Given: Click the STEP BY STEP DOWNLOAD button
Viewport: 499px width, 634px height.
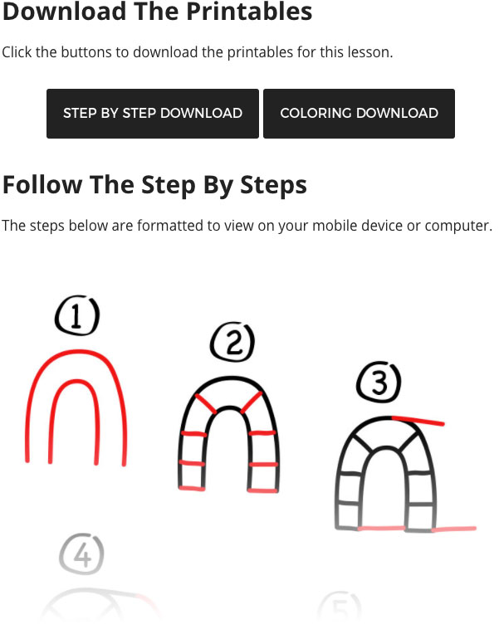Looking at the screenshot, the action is (x=153, y=114).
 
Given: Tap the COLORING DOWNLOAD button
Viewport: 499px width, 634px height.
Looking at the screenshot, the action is (x=359, y=114).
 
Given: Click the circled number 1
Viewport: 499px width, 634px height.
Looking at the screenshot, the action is (x=77, y=315).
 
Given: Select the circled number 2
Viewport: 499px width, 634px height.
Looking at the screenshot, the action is (x=232, y=342).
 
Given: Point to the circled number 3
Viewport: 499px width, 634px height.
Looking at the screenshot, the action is (x=379, y=382).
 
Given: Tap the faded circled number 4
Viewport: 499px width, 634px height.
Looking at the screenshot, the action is (x=81, y=554).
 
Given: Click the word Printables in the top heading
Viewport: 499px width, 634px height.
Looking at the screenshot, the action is (x=249, y=11).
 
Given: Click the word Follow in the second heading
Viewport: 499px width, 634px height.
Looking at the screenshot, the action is (x=42, y=185).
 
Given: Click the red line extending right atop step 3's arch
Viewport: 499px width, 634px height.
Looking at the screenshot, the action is (x=418, y=421).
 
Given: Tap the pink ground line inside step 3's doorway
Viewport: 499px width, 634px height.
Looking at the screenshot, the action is (x=382, y=528).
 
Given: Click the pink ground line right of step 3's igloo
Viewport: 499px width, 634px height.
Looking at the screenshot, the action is (x=454, y=529).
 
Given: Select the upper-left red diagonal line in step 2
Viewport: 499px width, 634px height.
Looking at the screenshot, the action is (x=206, y=403).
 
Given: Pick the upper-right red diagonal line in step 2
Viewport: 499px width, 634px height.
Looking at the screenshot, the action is (x=252, y=402).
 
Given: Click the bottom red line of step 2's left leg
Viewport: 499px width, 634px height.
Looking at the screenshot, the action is (x=192, y=489).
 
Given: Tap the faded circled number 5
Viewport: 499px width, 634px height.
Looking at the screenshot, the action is (x=340, y=608).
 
